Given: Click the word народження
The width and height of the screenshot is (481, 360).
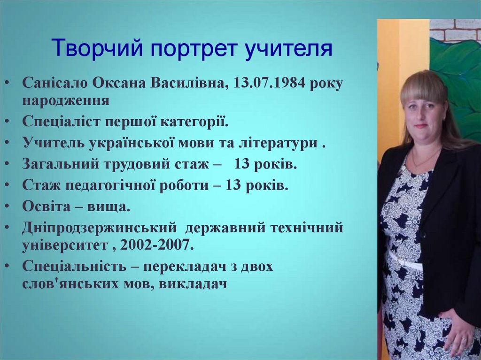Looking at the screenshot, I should [66, 100].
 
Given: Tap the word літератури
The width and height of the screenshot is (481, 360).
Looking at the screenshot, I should [279, 143].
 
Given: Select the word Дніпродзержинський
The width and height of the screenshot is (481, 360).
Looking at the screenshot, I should [99, 227].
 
